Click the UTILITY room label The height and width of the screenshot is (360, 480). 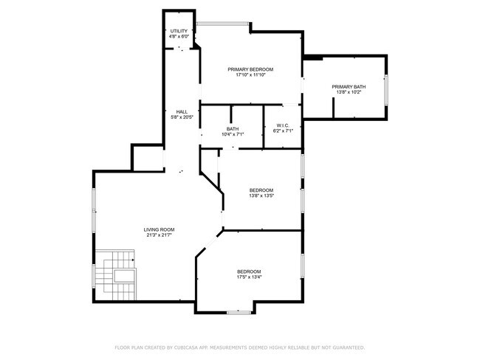coord(179,31)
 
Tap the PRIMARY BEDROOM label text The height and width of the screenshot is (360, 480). coord(250,69)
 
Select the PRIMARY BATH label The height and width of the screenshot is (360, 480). coord(349,87)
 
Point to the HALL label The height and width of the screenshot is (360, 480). coord(182,112)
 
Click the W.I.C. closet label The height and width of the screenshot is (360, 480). coord(283,125)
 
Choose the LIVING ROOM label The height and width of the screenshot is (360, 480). coord(160,229)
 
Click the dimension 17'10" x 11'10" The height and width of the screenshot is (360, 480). coord(250,75)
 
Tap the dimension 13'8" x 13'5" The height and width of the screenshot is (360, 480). coord(261,195)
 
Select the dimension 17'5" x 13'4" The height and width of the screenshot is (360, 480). coord(249,277)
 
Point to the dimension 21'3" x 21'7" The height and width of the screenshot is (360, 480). coord(160,235)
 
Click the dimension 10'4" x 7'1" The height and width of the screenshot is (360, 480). coord(233,134)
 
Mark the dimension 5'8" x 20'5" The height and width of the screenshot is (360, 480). coord(182,117)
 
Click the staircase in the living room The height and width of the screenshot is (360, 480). coord(115,275)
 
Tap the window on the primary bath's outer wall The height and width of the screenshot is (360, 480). coord(386,90)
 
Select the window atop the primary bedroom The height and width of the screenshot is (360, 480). coord(222,24)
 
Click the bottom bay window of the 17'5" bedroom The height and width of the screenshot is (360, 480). coord(239,312)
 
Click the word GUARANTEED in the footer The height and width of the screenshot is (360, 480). coord(349,347)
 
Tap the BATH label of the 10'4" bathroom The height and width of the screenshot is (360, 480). coord(233,129)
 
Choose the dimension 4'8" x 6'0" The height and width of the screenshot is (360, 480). coord(179,36)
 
